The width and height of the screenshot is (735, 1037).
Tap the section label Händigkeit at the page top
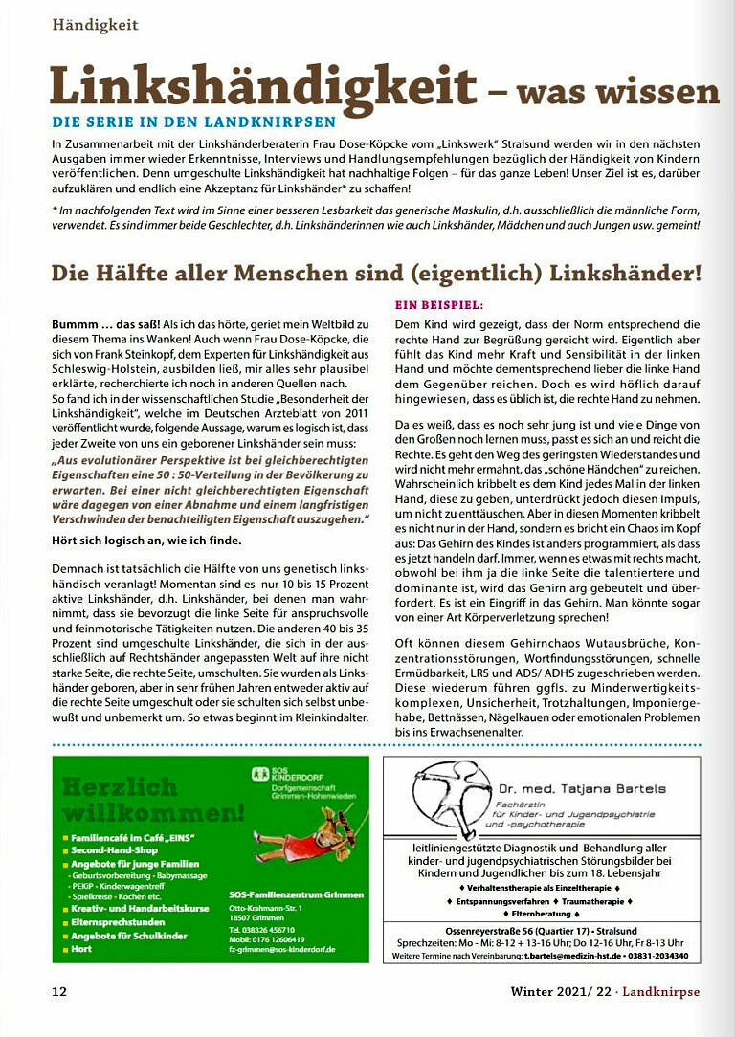[x=96, y=24]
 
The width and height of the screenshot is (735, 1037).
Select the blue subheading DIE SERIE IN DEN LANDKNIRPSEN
[x=193, y=121]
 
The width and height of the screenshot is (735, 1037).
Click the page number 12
[x=59, y=992]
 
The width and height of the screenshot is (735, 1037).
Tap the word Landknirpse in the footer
[x=661, y=992]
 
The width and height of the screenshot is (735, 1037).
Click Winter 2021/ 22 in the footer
[x=564, y=992]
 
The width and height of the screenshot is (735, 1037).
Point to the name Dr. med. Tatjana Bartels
[x=581, y=789]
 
